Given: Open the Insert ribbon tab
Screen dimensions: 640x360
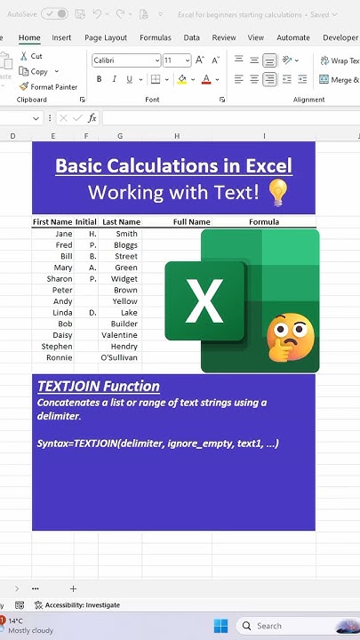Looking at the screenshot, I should coord(61,38).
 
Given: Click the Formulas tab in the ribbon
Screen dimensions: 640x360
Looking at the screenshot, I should coord(156,38).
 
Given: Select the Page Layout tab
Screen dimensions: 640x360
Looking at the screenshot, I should coord(106,38).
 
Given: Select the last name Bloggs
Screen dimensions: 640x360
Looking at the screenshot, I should coord(125,245).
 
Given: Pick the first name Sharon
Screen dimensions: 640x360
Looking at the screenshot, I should coord(59,279).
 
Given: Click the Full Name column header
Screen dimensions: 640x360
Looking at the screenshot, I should coord(192,222).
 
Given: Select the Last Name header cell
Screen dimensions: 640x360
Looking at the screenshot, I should coord(121,222).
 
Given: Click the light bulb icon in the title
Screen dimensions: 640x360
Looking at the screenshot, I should coord(277,192).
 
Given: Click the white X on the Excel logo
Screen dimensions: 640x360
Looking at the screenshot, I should coord(205,300).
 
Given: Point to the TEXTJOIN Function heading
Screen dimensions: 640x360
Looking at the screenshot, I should coord(99,387).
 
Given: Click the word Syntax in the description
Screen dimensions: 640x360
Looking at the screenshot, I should coord(54,443).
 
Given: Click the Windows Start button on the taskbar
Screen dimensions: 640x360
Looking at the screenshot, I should coord(221,626).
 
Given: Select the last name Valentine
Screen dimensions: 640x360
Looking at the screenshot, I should coord(119,336).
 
